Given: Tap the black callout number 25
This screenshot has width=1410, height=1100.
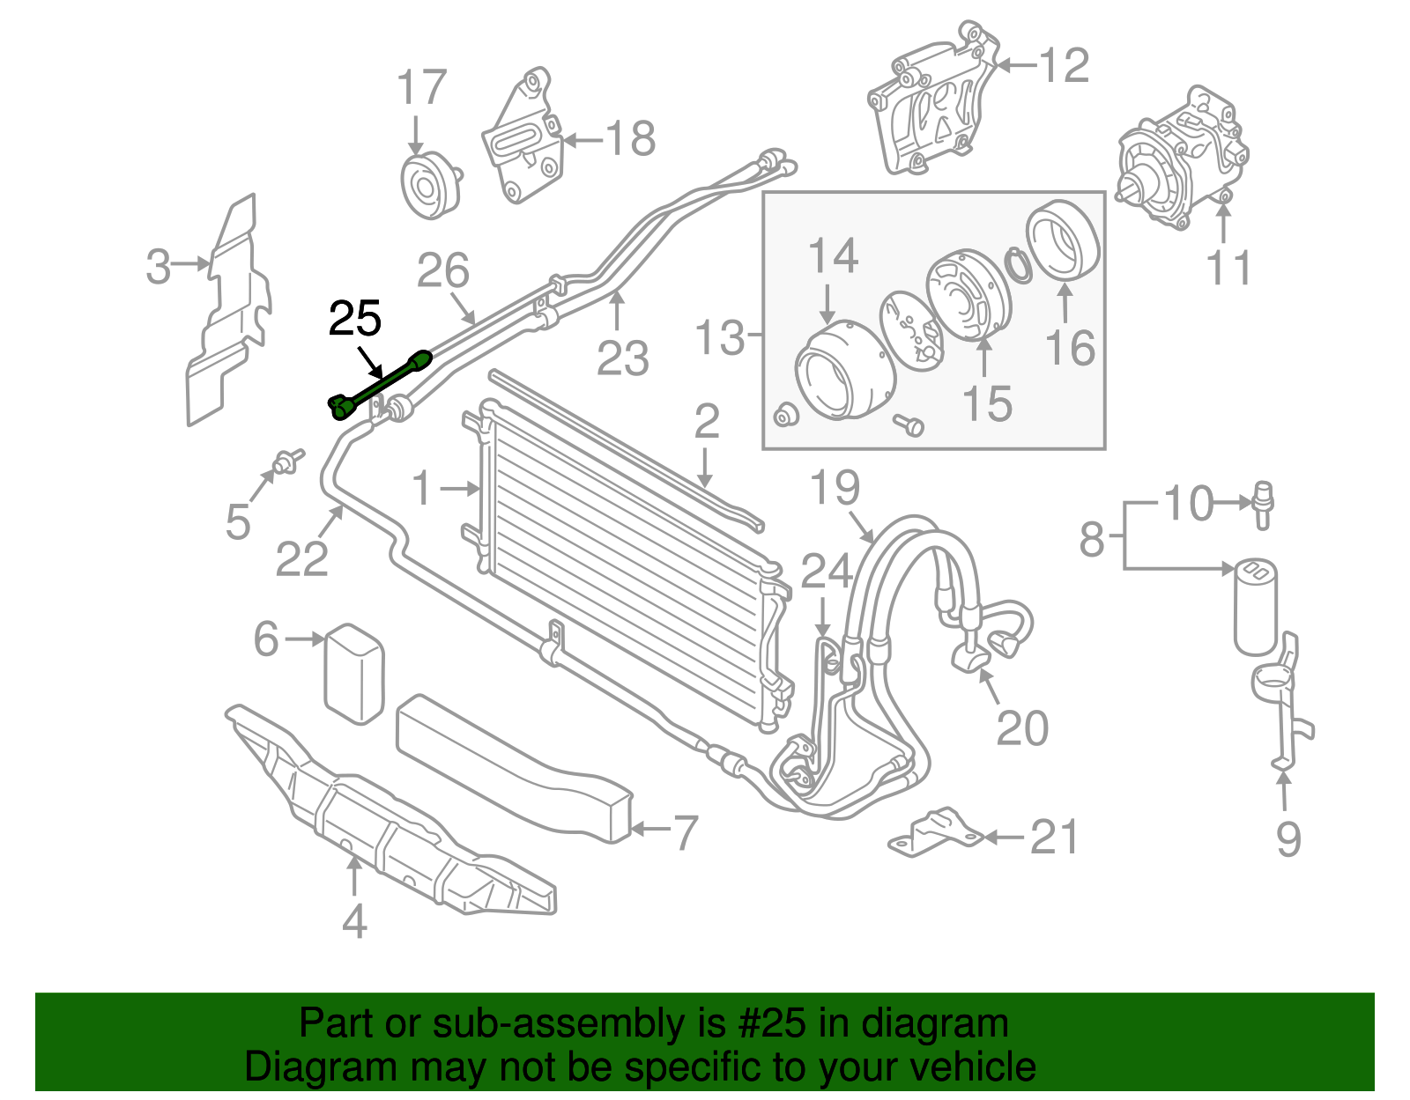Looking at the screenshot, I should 354,319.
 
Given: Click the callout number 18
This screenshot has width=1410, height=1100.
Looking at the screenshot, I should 631,139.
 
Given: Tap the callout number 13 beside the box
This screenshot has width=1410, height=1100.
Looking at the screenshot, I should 719,338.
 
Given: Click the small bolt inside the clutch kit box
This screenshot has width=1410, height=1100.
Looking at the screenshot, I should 909,425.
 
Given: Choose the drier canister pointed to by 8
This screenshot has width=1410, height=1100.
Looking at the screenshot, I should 1254,608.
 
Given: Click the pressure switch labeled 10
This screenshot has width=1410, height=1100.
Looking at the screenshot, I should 1263,504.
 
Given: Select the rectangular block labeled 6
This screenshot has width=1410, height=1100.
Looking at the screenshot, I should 354,674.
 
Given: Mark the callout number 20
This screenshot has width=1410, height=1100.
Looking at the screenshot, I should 1022,728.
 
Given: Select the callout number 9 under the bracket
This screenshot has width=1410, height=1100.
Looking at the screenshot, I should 1288,838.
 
